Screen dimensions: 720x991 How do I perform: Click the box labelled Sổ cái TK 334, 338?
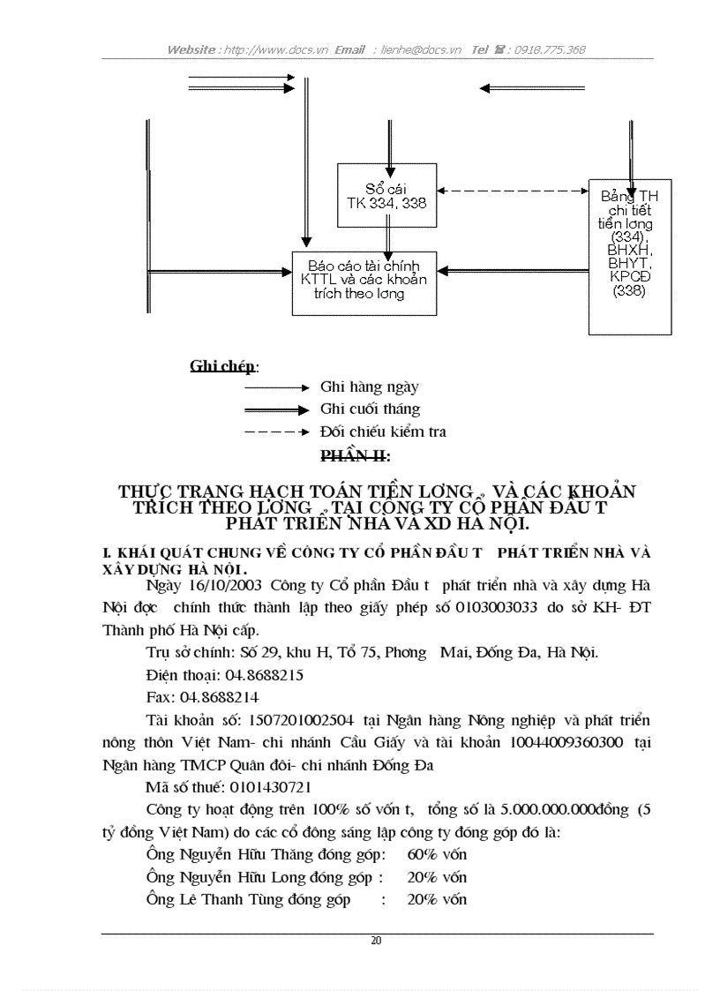387,195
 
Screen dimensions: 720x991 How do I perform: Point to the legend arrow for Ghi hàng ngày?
276,387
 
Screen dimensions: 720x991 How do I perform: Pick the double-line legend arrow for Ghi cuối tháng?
276,409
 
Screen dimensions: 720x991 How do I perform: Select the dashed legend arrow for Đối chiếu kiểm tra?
276,432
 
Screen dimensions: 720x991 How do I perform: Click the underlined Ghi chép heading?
222,366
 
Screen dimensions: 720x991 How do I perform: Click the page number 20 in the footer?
377,941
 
